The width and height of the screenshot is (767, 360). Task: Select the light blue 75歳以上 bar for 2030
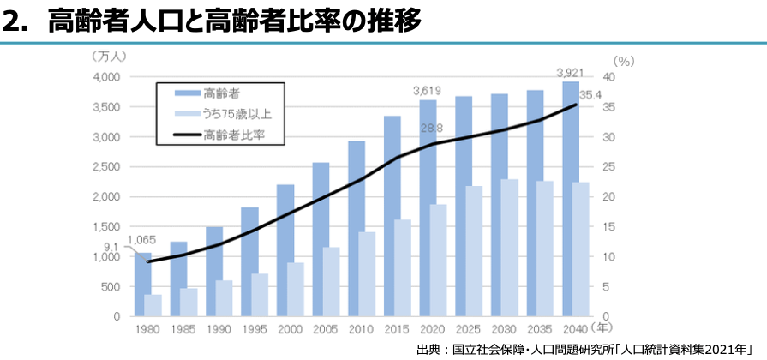tap(510, 248)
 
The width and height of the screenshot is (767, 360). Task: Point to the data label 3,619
tap(427, 90)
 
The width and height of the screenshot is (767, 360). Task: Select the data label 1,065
tap(141, 240)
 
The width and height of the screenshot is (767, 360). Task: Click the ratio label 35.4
tap(590, 94)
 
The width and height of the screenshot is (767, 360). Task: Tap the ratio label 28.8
tap(430, 128)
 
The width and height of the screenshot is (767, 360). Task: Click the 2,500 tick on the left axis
tap(106, 167)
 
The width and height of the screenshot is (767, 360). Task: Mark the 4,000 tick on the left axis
tap(106, 77)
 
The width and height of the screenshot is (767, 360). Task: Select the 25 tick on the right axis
tap(608, 167)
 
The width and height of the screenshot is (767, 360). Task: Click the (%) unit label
tap(624, 60)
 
